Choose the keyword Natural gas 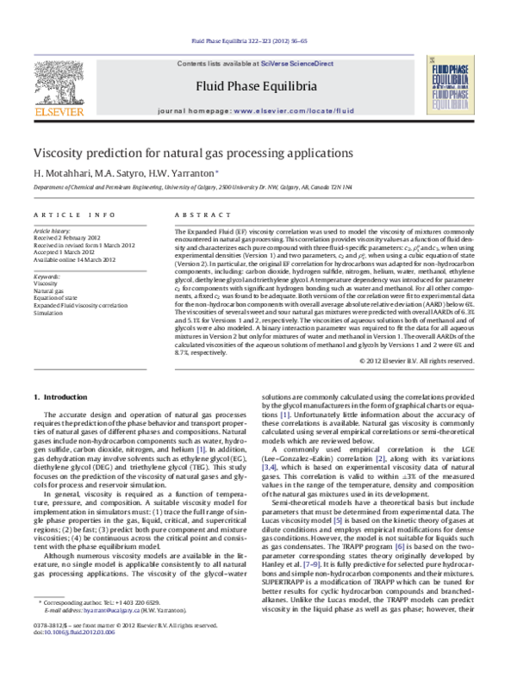(49, 290)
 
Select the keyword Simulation (49, 311)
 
